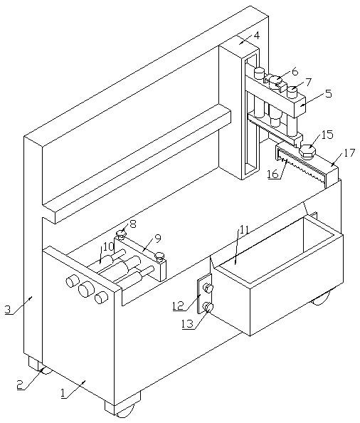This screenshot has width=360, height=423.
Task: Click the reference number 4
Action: coord(257,36)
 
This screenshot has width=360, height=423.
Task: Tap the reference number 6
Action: coord(295,72)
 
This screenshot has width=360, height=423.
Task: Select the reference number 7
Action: coord(308,82)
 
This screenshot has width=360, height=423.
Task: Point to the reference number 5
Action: coord(328,93)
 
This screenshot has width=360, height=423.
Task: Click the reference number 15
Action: coord(327,135)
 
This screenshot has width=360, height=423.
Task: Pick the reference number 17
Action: coord(349,153)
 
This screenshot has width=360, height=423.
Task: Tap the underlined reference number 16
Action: coord(272,174)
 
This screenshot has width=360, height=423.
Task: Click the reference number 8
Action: coord(133,224)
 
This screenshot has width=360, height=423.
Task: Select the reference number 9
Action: coord(158,238)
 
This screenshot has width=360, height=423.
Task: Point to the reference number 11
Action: coord(243,229)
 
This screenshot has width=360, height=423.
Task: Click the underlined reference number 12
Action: coord(178,305)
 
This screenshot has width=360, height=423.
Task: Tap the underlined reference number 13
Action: coord(187,323)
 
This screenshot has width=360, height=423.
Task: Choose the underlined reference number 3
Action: coord(9,310)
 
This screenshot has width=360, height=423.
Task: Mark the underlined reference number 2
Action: coord(20,384)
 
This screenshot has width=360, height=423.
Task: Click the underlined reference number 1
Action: coord(63,393)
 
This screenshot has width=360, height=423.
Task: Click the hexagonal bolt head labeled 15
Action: coord(307,150)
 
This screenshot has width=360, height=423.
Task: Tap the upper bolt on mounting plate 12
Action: coord(208,288)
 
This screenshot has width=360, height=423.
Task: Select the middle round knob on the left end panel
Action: coord(85,289)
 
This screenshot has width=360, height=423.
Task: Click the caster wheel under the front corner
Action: coord(125,412)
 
